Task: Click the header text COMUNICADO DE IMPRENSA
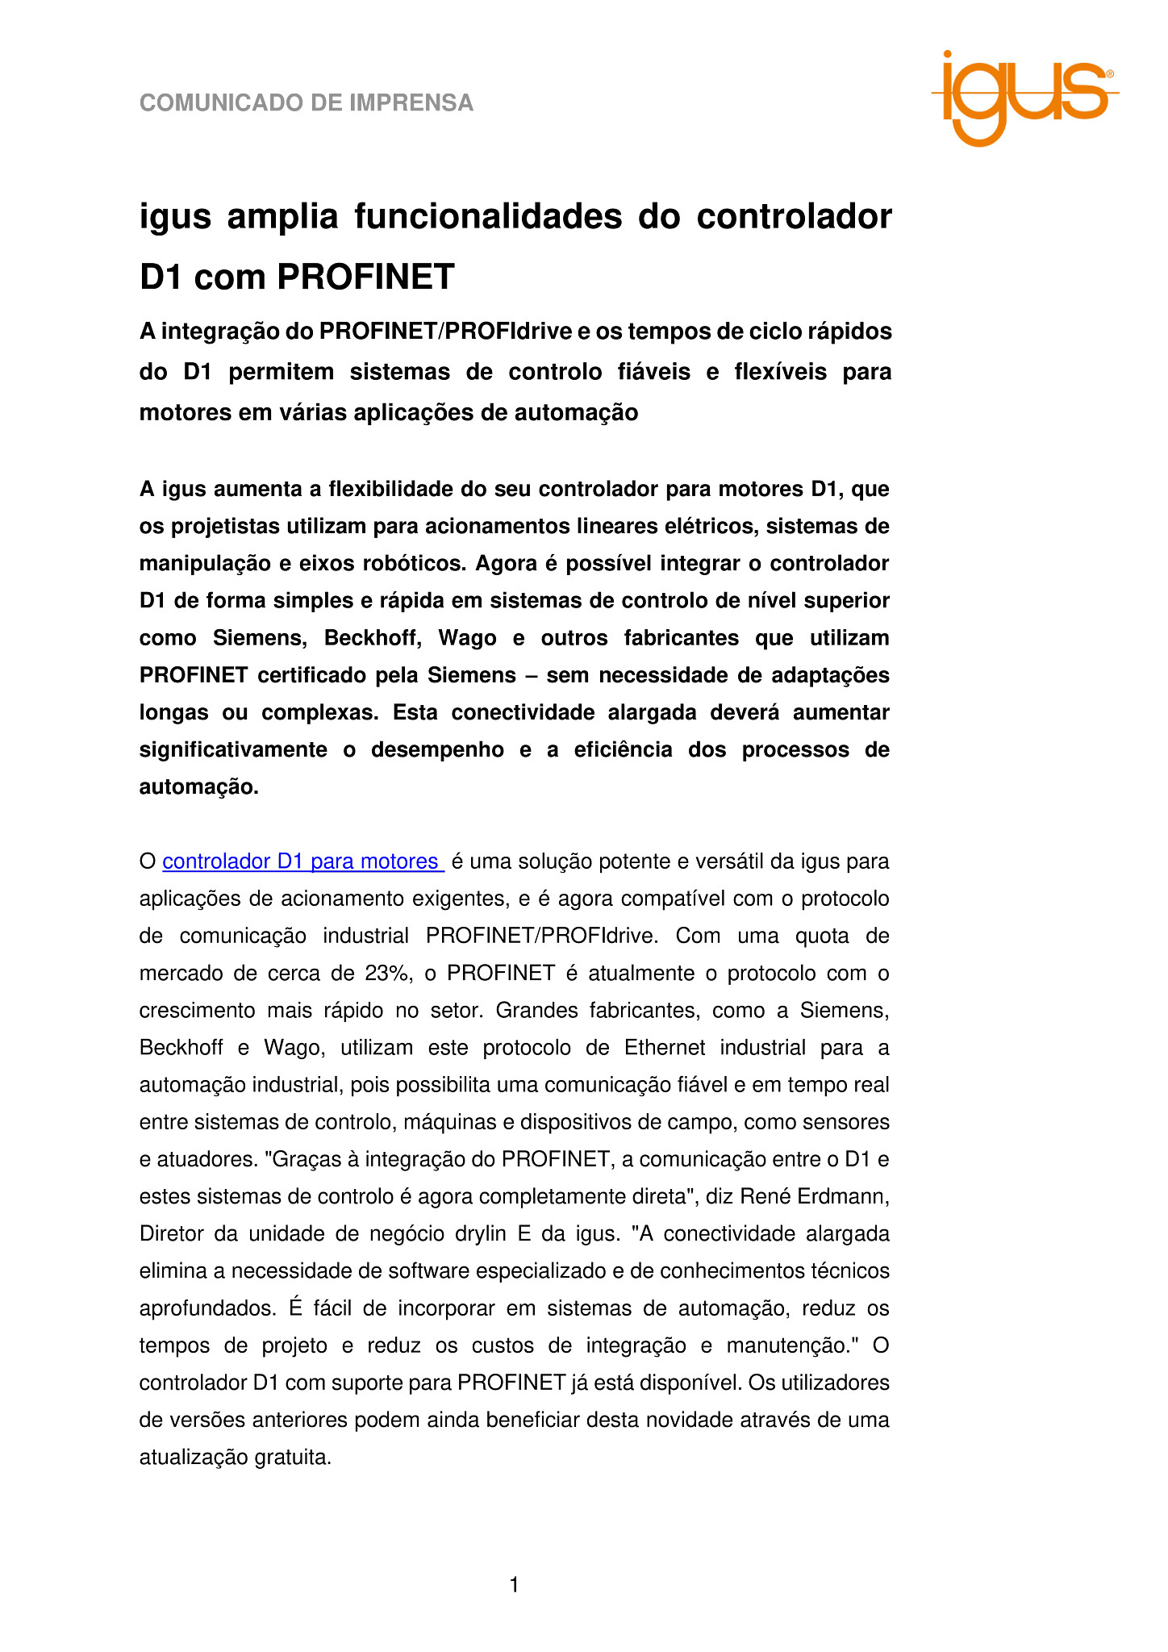point(307,103)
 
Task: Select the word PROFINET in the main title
point(366,277)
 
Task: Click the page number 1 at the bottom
point(515,1586)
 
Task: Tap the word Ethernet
point(665,1048)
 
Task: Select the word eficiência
point(623,750)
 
